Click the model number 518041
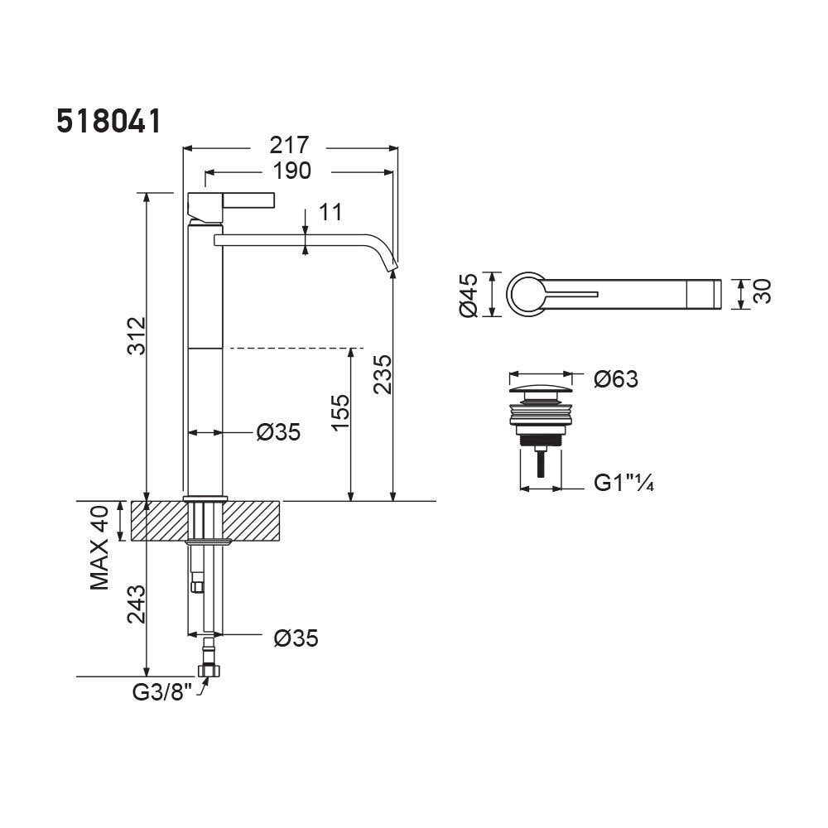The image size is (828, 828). coord(108,122)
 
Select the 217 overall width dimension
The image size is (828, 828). coord(289,145)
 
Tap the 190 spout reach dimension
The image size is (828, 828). coord(292,171)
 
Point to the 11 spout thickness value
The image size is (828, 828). coord(330,212)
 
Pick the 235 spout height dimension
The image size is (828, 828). coord(383,374)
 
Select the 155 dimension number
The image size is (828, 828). coord(340,412)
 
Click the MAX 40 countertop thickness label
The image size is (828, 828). coord(99,547)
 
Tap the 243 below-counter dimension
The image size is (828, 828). coord(136,604)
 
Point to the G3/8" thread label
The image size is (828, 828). coord(161,691)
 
